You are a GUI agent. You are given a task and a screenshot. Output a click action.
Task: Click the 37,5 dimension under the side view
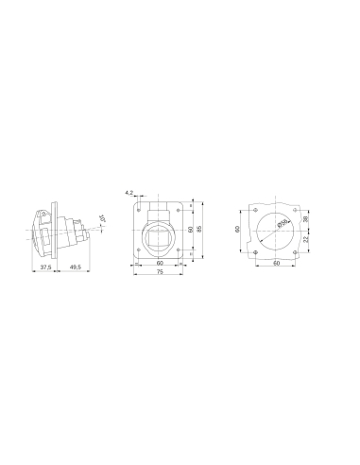(x=44, y=267)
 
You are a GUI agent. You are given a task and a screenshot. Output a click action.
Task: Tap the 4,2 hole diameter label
(x=129, y=192)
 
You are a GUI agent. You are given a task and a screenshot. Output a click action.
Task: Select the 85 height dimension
(x=199, y=230)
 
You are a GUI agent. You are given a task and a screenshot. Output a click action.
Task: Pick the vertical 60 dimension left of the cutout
(x=238, y=228)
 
